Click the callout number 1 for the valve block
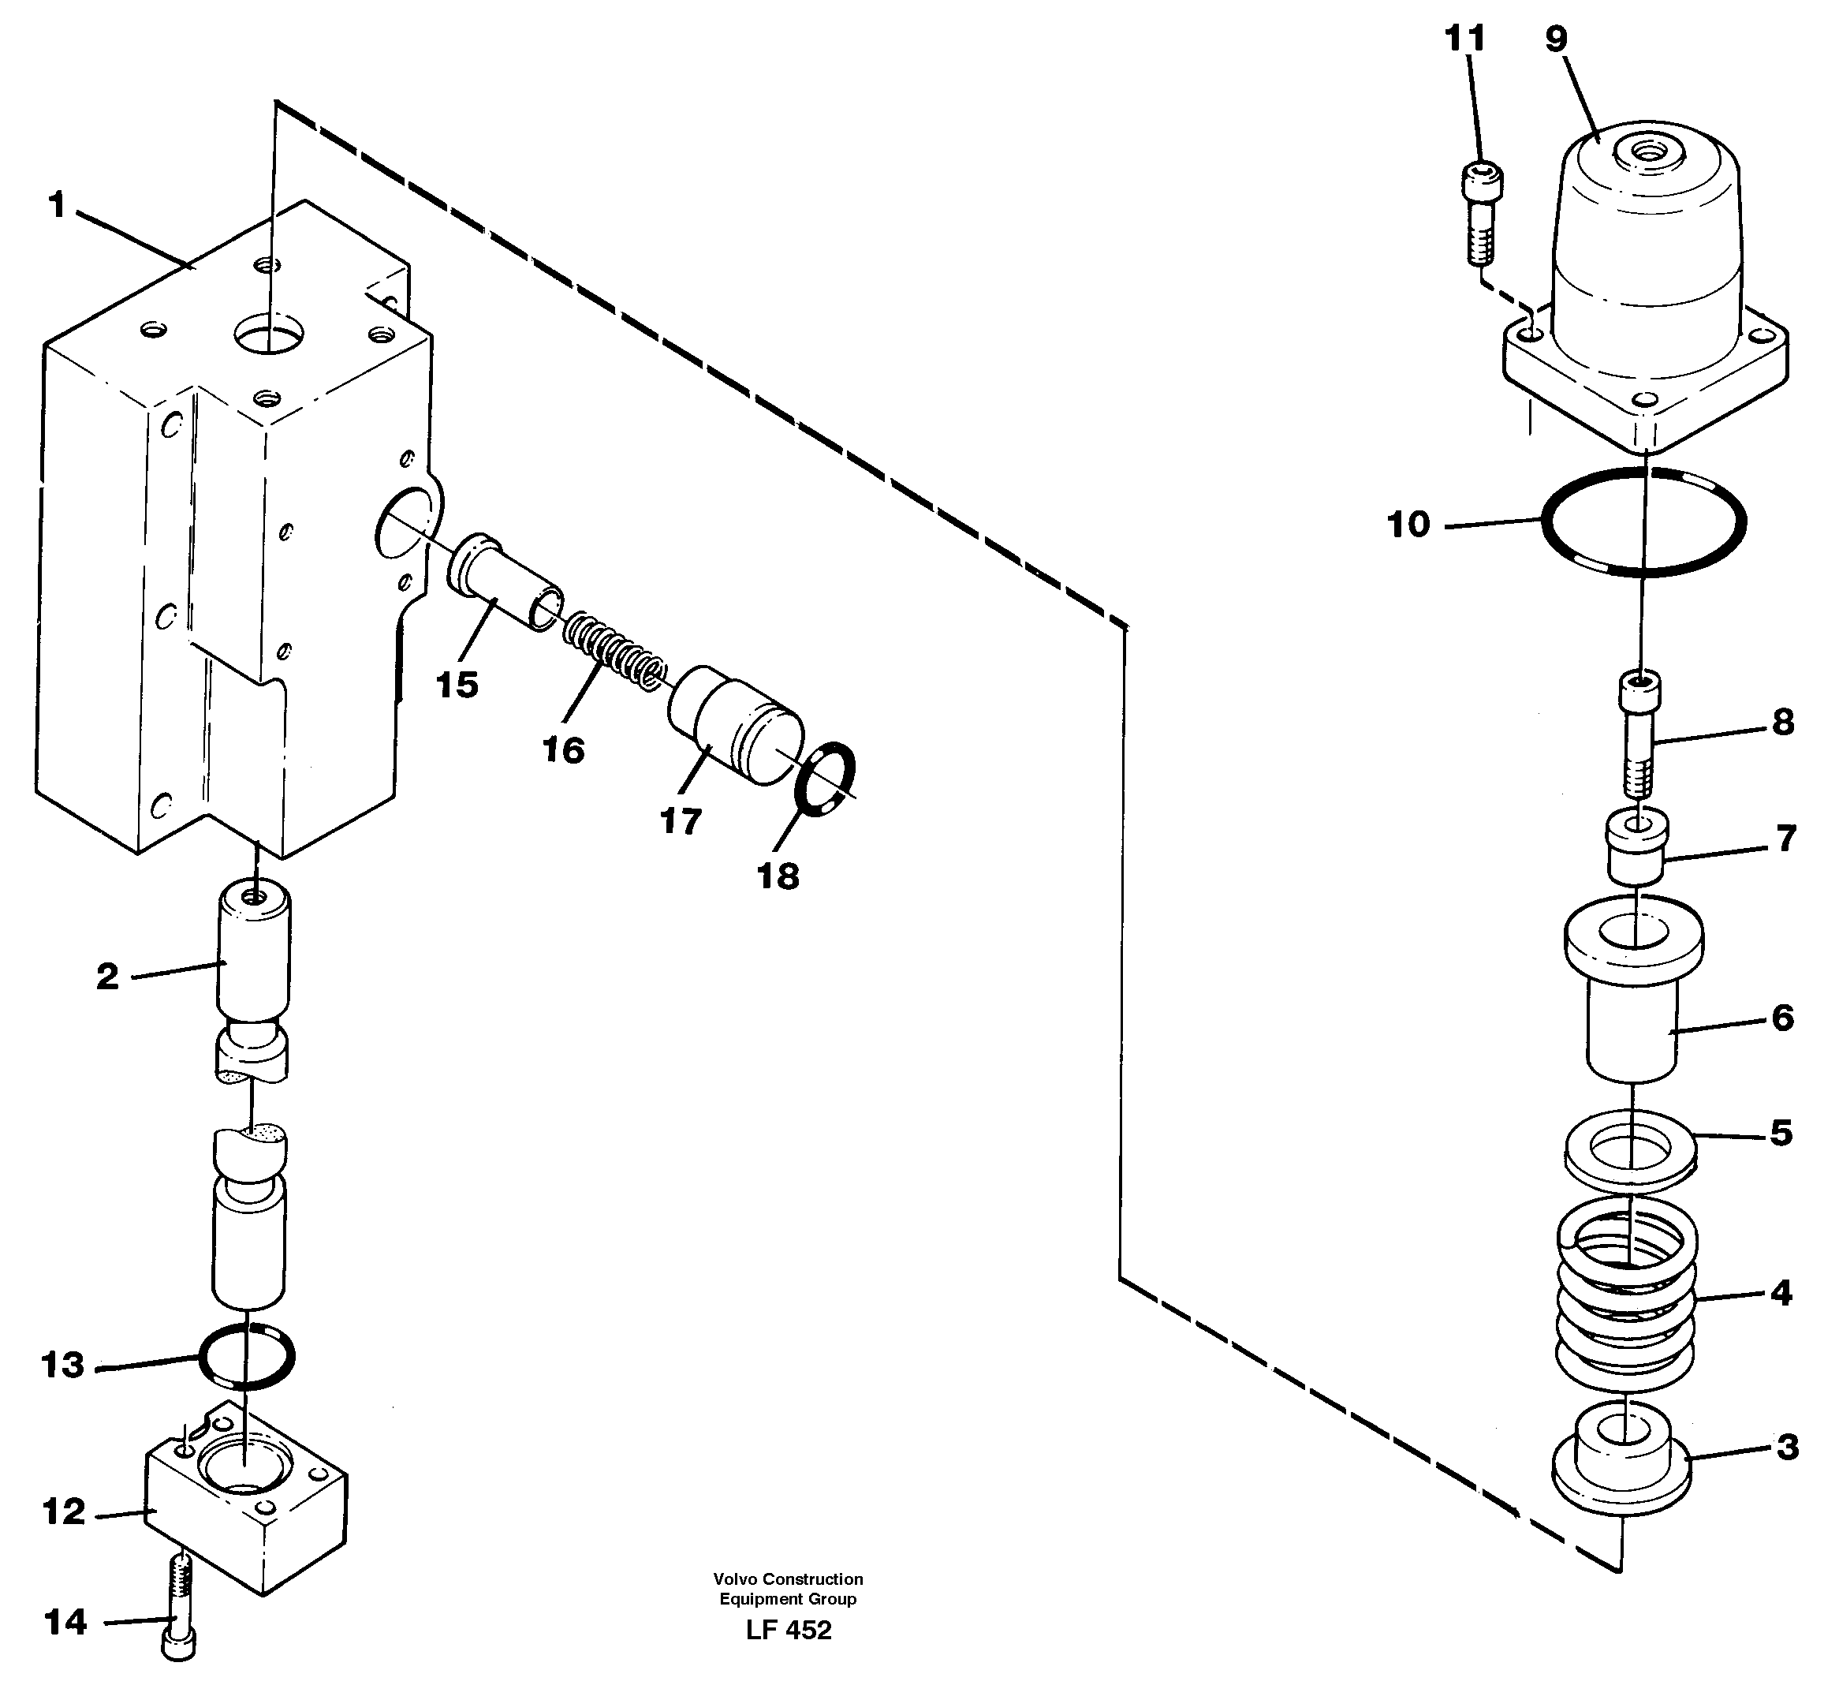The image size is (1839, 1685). [x=57, y=206]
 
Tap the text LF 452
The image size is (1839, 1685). [x=788, y=1631]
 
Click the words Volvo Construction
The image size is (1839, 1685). [x=788, y=1579]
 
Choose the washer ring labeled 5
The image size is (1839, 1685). [x=1631, y=1149]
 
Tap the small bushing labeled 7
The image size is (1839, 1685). [x=1637, y=846]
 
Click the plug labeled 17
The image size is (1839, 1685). [x=735, y=725]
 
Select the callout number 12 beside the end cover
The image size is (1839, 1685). [x=64, y=1511]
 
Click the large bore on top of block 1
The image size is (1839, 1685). [x=269, y=334]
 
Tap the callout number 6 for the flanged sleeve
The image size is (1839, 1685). [x=1782, y=1017]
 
